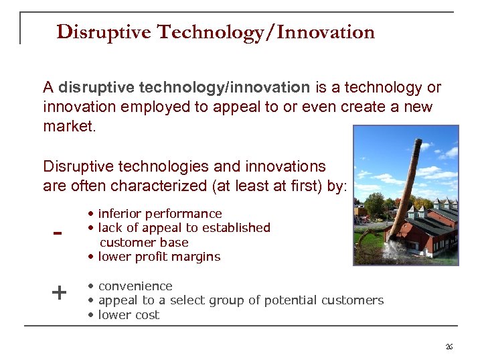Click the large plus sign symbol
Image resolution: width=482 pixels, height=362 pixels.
point(59,292)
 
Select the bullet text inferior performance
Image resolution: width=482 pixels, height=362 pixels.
point(159,214)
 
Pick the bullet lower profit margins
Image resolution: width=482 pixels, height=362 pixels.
point(159,257)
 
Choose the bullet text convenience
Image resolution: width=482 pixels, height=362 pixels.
point(135,286)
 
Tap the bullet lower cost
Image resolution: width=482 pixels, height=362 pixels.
point(129,315)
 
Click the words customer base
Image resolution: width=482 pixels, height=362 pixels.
point(144,243)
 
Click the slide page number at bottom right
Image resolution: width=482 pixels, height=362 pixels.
point(449,346)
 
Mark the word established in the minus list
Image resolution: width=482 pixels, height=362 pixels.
point(238,228)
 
